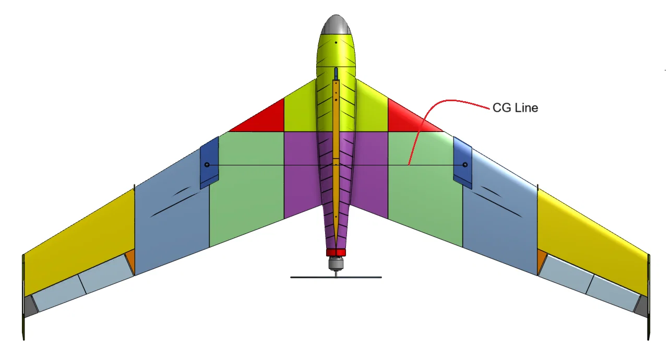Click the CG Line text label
515,108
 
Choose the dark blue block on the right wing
463,162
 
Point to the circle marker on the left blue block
207,165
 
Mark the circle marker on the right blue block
465,165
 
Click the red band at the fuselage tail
336,253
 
